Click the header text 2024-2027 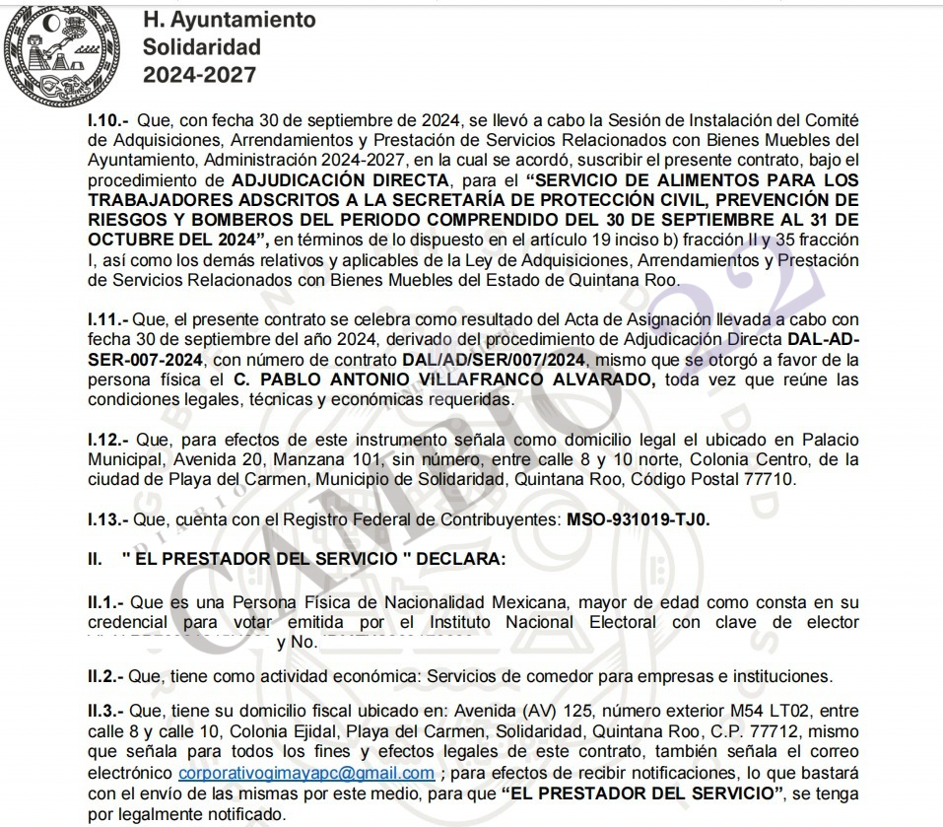tap(200, 75)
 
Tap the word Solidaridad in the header tap(202, 46)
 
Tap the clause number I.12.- tap(108, 439)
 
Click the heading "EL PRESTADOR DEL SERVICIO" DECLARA tap(313, 559)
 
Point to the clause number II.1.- tap(107, 602)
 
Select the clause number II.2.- tap(106, 676)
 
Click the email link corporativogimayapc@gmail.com tap(306, 773)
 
